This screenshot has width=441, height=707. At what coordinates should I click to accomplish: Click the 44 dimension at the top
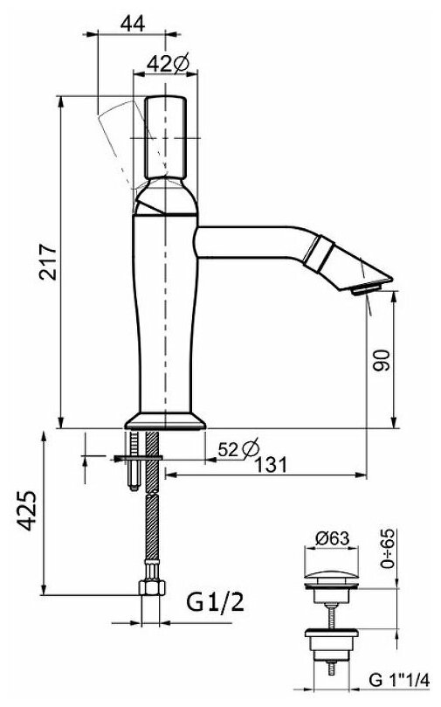[x=133, y=24]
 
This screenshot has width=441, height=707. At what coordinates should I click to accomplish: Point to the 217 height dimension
[x=48, y=262]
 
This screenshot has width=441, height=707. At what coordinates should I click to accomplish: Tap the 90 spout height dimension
[x=381, y=359]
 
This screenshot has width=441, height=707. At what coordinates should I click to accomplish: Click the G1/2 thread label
[x=216, y=602]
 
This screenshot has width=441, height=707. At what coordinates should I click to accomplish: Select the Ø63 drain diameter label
[x=333, y=538]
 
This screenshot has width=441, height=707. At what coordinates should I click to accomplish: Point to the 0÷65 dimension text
[x=388, y=549]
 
